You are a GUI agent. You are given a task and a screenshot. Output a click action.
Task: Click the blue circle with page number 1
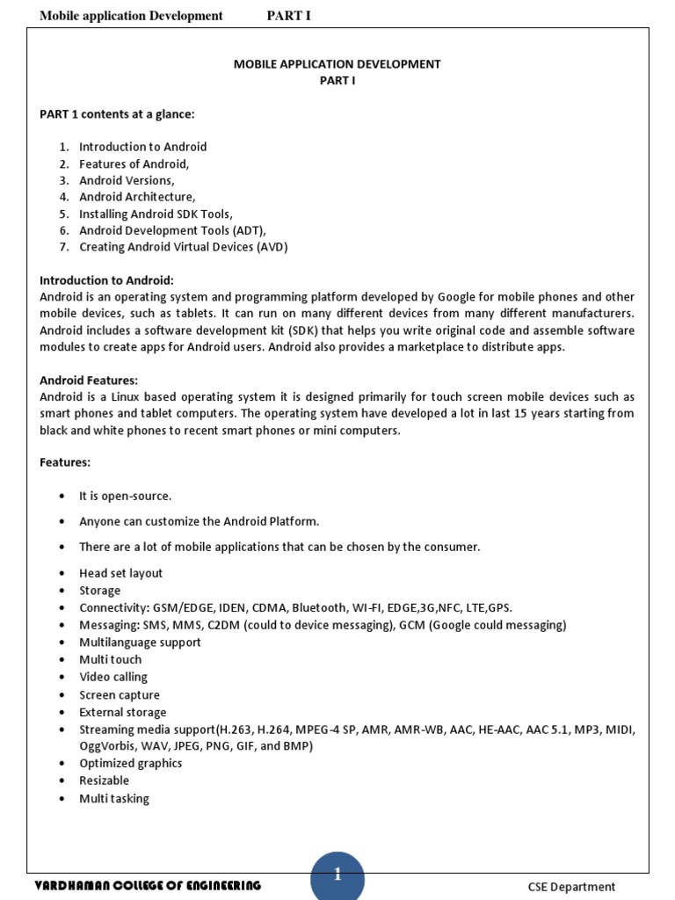coord(337,875)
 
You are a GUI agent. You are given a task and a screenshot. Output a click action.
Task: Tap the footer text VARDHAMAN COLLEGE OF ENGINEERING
coord(148,885)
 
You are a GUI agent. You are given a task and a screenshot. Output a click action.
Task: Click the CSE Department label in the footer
coord(571,887)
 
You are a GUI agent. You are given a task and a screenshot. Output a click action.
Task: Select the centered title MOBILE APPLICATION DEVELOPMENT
coord(337,64)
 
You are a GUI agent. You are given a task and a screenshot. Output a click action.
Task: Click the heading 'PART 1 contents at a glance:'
coord(117,114)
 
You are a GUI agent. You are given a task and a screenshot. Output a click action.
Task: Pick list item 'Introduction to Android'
coord(142,147)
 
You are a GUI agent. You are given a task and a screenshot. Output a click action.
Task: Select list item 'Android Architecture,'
coord(137,197)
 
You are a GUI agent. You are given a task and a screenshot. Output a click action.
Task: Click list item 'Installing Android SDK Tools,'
coord(156,214)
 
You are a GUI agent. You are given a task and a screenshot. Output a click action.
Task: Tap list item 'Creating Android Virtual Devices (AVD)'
coord(183,247)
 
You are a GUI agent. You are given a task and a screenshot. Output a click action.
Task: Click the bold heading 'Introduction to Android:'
coord(106,280)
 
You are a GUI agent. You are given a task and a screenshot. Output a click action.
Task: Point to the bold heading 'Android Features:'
coord(89,381)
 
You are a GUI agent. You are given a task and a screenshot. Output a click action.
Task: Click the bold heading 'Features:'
coord(65,462)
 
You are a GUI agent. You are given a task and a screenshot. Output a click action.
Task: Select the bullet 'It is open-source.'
coord(125,497)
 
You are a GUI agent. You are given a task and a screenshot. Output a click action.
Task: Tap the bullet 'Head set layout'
coord(120,573)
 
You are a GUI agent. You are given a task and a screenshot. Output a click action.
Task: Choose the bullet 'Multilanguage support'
coord(140,642)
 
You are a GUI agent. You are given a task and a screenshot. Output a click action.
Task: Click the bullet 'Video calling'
coord(113,677)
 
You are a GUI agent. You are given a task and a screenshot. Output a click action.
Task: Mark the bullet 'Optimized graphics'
coord(130,763)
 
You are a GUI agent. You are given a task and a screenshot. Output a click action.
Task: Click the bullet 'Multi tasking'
coord(114,798)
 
